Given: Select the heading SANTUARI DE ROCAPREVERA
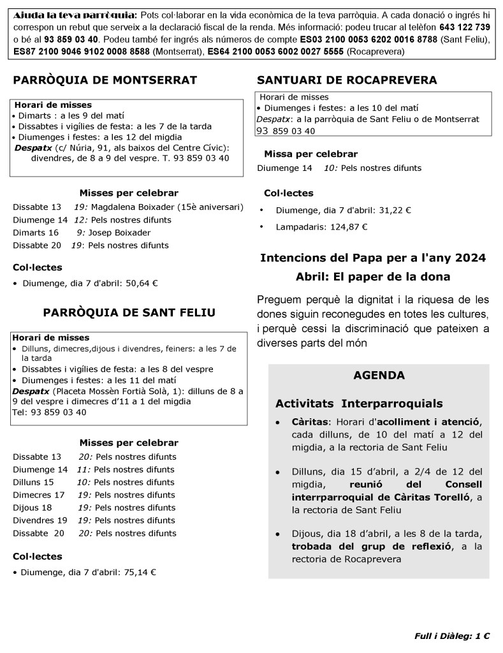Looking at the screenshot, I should [347, 80].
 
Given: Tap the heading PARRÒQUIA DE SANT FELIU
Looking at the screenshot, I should [129, 312].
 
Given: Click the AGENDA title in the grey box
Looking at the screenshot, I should [379, 376].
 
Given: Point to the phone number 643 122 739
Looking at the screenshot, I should [465, 27].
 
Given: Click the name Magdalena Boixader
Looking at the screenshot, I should [133, 207].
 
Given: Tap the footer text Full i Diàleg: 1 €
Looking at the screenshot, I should [452, 636].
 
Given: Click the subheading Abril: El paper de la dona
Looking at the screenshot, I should [373, 277].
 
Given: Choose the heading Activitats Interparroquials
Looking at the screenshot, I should [359, 404].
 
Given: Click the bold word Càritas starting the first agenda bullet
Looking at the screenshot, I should [309, 422].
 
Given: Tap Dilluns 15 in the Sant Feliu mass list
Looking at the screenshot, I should [33, 482].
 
